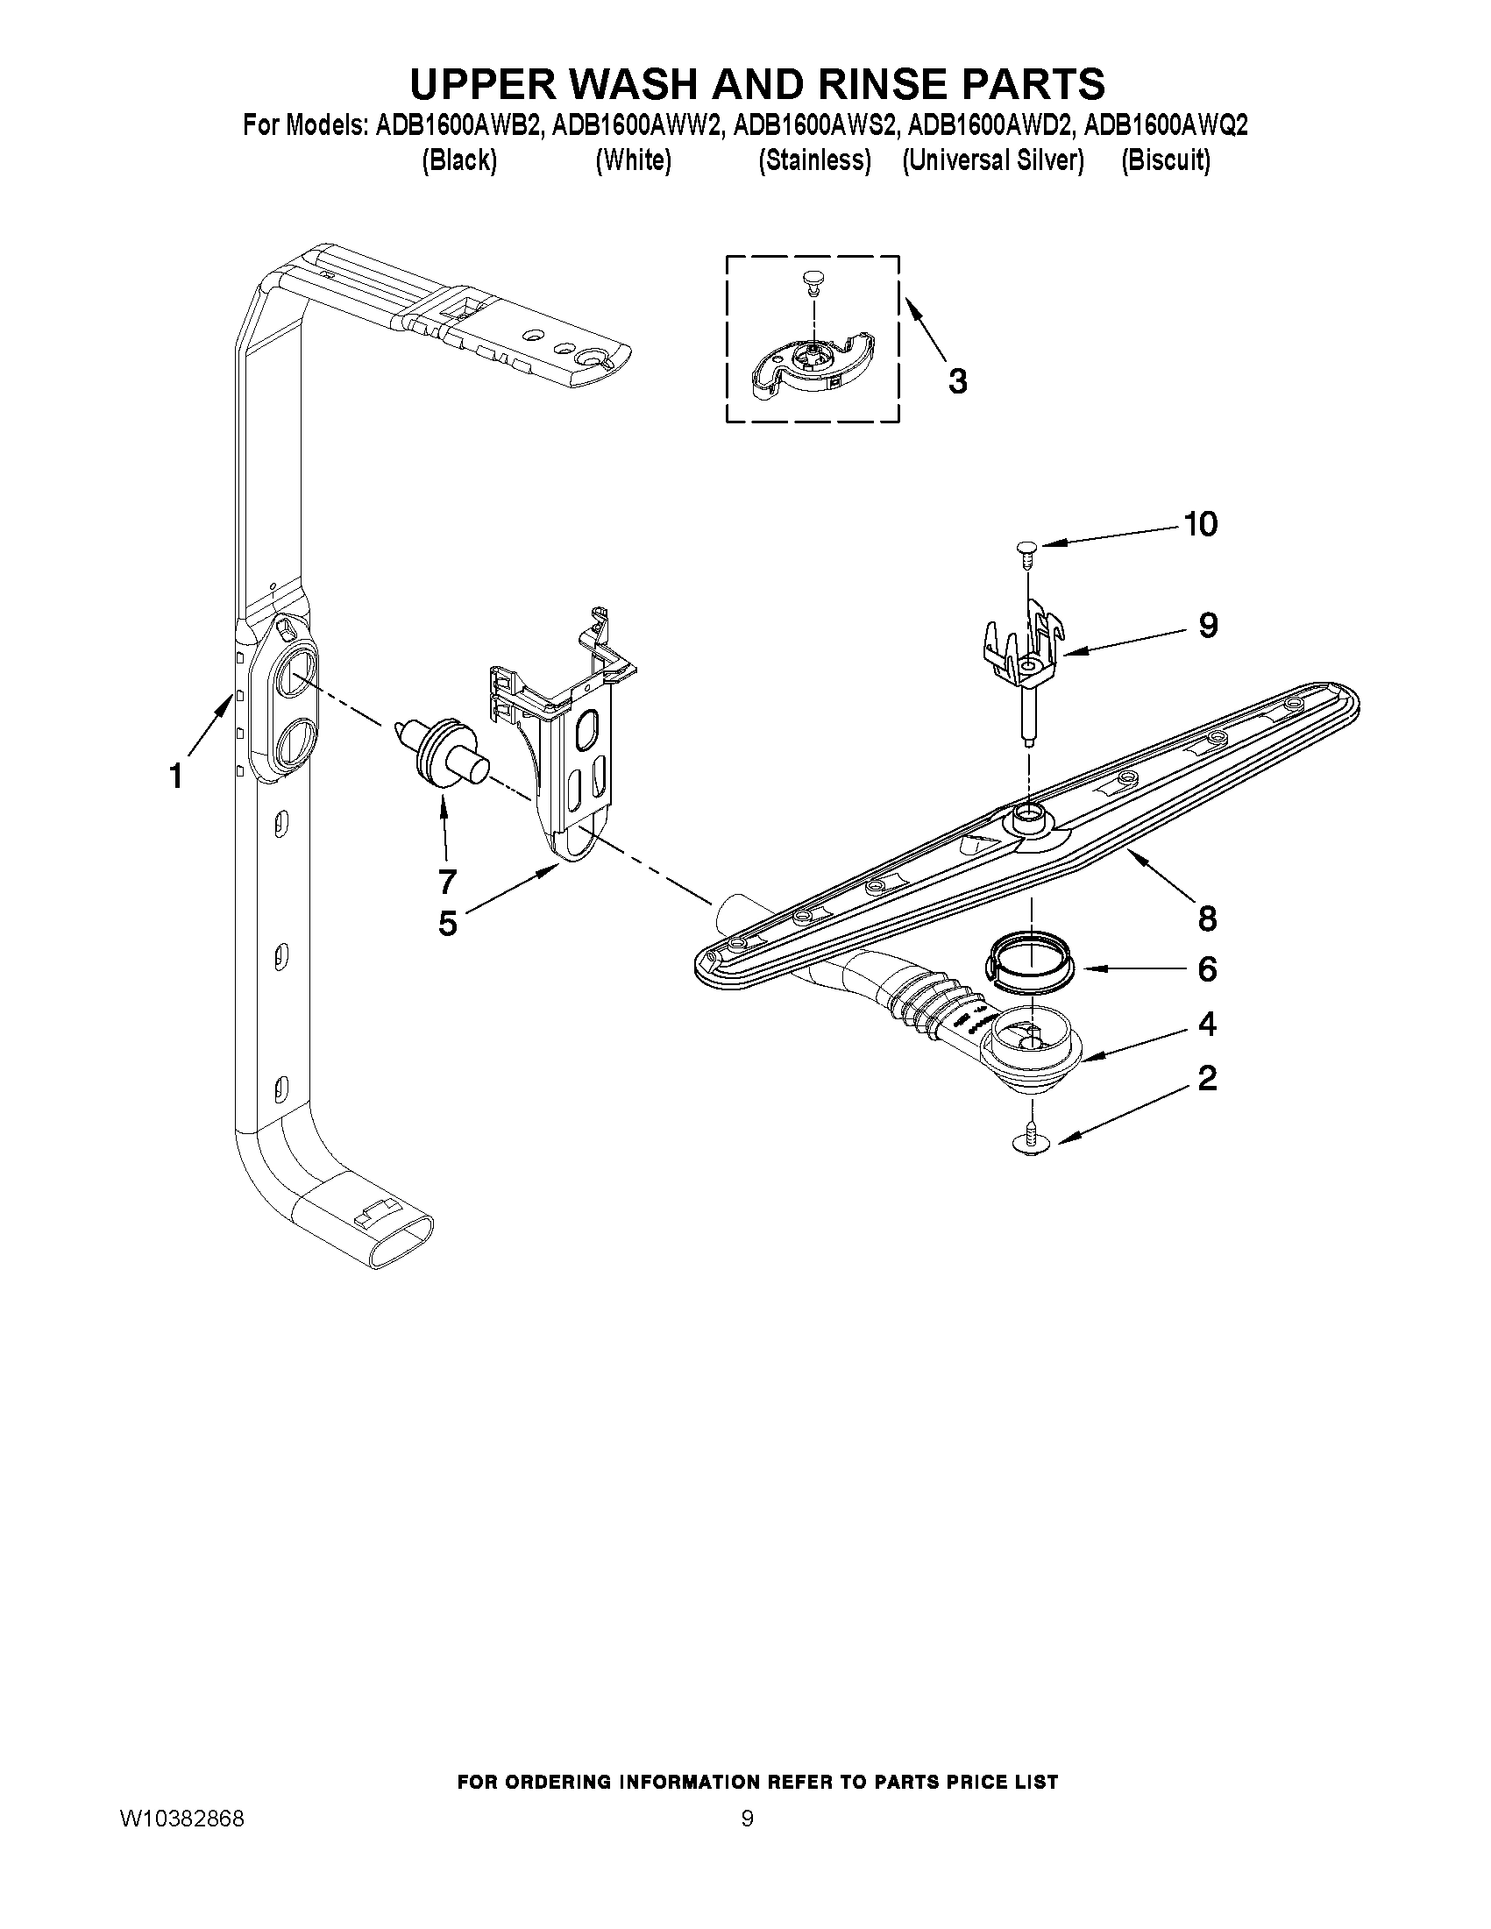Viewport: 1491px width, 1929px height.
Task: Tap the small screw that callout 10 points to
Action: [x=1026, y=551]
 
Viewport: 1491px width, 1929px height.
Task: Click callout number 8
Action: [x=1208, y=918]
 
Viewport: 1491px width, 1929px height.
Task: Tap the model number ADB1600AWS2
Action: [x=815, y=126]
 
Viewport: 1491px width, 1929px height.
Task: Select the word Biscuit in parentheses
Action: [x=1165, y=160]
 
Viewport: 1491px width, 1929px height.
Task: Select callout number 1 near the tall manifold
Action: [x=176, y=777]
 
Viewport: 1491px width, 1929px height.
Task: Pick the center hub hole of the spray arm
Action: [x=1028, y=812]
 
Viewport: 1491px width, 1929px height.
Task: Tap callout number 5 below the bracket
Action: [x=448, y=923]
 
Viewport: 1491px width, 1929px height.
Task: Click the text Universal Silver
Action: [x=993, y=160]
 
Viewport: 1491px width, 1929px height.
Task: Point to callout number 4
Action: [x=1207, y=1024]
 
